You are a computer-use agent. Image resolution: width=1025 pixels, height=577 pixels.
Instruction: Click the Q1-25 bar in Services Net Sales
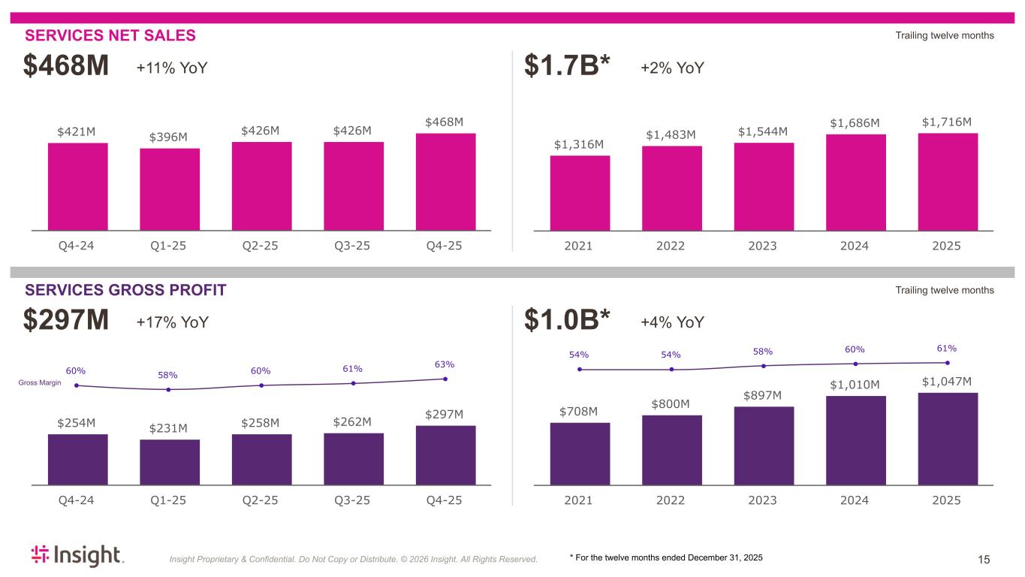(x=170, y=189)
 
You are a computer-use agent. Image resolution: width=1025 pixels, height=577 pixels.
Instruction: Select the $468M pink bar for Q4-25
(x=445, y=181)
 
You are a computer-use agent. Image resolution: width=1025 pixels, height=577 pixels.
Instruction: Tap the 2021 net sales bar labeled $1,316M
(x=580, y=192)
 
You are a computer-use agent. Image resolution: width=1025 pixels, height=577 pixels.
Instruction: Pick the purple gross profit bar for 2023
(x=764, y=446)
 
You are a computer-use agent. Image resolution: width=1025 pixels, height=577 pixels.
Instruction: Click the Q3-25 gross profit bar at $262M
(x=354, y=458)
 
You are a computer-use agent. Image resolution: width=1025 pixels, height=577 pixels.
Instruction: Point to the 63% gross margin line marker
(x=445, y=379)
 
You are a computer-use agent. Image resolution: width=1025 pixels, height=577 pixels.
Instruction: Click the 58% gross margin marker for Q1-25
(x=169, y=389)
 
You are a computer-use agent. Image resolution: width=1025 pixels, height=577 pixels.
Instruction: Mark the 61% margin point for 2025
(x=948, y=363)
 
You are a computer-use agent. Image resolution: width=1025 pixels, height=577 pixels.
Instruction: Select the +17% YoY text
(x=172, y=322)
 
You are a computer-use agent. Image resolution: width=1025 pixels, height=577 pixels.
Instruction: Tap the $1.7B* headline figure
(x=568, y=68)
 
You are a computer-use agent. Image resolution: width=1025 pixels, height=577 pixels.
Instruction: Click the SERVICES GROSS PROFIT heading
(x=125, y=290)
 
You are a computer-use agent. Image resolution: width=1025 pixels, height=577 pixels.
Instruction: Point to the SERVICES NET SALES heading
(x=110, y=35)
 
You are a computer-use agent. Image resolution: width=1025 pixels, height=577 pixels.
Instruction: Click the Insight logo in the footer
(x=77, y=555)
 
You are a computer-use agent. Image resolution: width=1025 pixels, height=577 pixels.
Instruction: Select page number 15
(x=984, y=559)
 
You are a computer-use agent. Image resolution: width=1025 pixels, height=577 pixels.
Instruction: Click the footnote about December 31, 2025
(x=666, y=557)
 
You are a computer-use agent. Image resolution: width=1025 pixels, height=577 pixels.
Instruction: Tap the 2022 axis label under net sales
(x=671, y=246)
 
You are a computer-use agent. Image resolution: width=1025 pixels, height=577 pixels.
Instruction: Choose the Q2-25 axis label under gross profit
(x=261, y=500)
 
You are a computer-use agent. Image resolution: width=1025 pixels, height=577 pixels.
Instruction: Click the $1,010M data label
(x=855, y=385)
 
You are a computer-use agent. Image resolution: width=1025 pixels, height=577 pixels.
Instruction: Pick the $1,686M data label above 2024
(x=855, y=122)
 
